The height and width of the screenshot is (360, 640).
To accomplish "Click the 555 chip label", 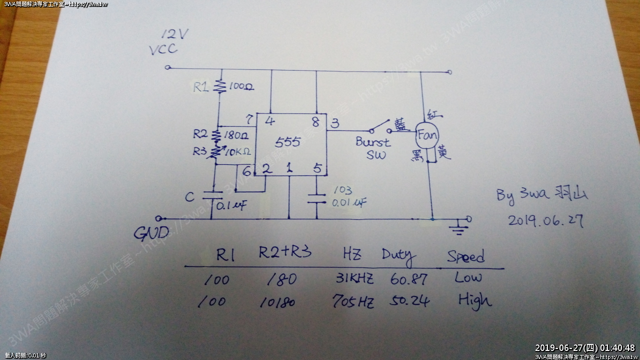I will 287,142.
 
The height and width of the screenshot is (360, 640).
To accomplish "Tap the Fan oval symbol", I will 427,135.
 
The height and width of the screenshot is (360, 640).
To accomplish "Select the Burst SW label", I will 372,148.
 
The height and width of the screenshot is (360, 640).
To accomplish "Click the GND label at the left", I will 151,233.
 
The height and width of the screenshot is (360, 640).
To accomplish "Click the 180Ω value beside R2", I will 235,135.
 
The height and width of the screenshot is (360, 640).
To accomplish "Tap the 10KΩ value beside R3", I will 238,151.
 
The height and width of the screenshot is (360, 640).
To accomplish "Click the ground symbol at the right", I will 455,229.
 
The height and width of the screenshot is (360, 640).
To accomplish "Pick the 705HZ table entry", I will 353,302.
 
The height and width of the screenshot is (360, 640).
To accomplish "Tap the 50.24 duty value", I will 410,301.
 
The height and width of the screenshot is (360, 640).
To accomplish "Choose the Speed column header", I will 466,256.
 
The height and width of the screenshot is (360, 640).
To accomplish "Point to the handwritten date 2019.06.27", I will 545,220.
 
